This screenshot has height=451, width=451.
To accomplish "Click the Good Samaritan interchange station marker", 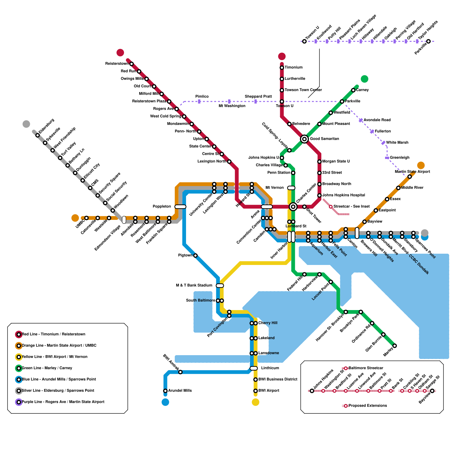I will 304,139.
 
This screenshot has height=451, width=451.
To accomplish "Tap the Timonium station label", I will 293,67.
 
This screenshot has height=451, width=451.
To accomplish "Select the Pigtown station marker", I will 195,256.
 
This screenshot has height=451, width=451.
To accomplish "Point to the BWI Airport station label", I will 269,391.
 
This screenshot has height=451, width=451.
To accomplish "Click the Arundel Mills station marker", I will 165,391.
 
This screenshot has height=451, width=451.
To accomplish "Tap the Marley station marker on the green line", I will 395,346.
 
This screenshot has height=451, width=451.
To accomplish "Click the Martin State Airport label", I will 412,172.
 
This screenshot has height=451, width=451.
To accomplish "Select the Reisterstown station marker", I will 131,64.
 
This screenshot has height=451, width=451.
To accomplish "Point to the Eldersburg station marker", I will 37,135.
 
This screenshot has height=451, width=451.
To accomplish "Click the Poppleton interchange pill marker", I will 180,207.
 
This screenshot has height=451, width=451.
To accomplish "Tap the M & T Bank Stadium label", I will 194,285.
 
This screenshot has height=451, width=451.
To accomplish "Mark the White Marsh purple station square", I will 383,143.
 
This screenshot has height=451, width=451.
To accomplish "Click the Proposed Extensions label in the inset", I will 368,406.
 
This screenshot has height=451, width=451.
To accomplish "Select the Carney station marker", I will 353,90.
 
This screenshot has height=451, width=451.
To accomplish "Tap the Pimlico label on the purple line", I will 202,96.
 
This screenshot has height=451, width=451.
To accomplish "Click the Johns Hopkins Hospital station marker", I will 319,195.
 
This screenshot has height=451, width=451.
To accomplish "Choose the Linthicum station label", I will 270,368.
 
